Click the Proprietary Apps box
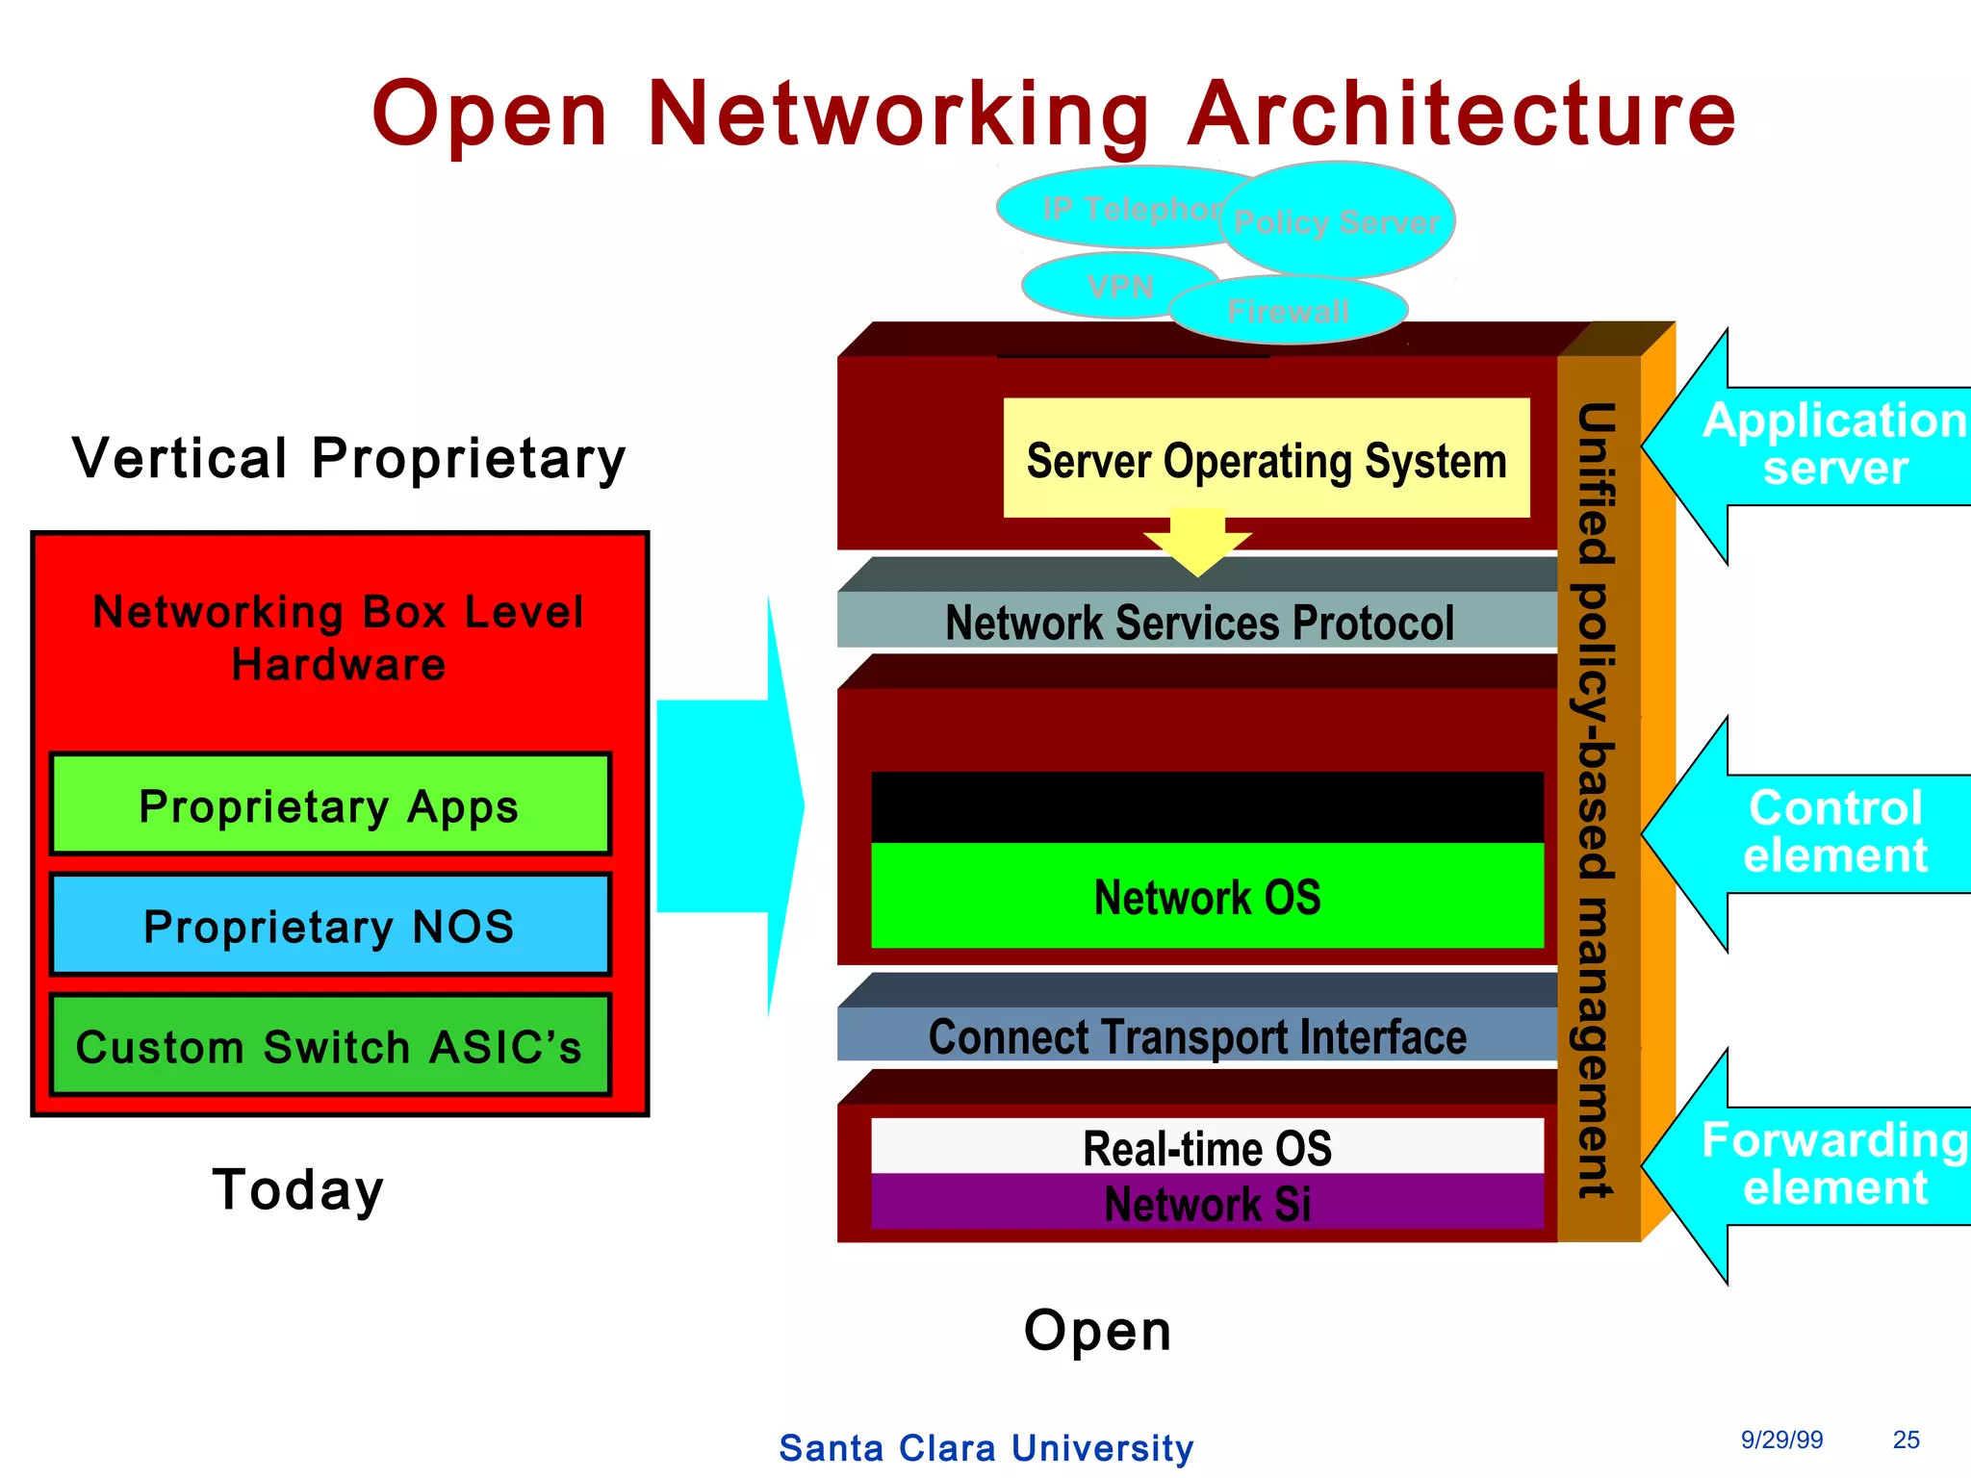coord(330,805)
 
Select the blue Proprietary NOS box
coord(330,926)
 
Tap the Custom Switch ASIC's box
coord(330,1046)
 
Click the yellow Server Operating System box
coord(1266,459)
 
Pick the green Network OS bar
coord(1207,896)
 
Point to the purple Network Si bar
coord(1207,1203)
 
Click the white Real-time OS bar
coord(1207,1147)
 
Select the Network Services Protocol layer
coord(1197,622)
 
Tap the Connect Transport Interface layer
coord(1197,1036)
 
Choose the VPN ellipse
coord(1120,286)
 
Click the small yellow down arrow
coord(1197,545)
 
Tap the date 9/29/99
coord(1781,1440)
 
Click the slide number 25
coord(1906,1440)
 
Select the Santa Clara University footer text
coord(985,1447)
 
